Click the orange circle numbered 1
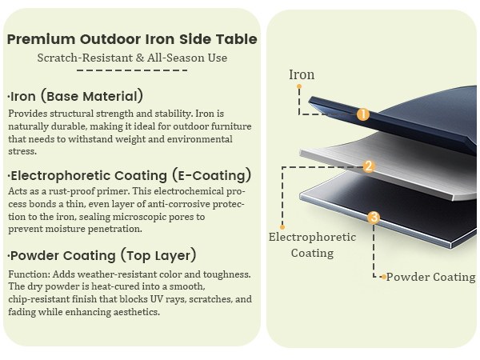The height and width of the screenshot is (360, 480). pos(363,114)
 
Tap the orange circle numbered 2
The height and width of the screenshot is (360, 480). pos(369,166)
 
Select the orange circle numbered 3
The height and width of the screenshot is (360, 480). pos(374,218)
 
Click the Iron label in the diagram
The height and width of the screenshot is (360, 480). pos(302,74)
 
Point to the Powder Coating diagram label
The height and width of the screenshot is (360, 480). pos(430,277)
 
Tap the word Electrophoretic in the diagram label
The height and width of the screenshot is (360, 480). pos(312,238)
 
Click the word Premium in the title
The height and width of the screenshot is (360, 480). pos(41,39)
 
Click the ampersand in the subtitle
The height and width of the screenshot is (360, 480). pos(140,58)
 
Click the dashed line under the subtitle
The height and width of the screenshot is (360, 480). pos(132,70)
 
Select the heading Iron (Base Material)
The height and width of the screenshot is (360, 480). pos(75,96)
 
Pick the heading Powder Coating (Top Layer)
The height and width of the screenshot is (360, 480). pos(102,256)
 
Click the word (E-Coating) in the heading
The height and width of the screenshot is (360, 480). pos(211,175)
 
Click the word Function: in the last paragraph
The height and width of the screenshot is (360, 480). pos(29,274)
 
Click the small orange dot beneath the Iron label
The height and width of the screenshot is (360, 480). pos(299,86)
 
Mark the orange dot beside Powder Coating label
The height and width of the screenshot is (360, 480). pos(383,277)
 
